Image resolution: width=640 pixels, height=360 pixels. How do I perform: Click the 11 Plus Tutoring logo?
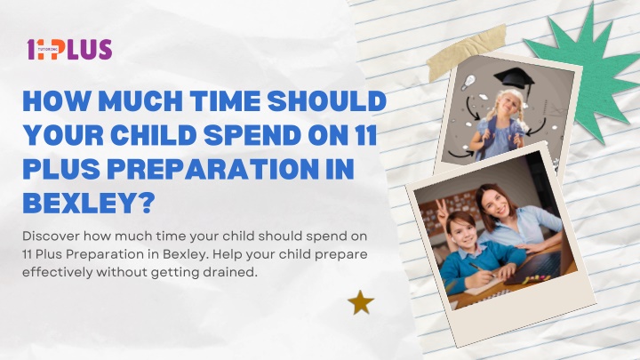point(69,50)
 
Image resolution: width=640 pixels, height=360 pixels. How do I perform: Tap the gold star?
point(361,302)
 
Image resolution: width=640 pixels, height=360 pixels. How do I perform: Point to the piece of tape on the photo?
point(467,52)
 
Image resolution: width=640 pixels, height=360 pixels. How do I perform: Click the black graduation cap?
point(515,80)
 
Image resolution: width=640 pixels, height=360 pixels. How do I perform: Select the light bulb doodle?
point(469,82)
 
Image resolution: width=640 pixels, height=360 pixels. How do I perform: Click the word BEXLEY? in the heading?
point(90,201)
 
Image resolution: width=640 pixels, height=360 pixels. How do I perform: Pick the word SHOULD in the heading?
point(327,100)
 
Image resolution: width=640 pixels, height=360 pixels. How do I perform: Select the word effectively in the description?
point(58,272)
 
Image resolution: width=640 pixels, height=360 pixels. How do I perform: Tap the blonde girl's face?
point(505,105)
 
